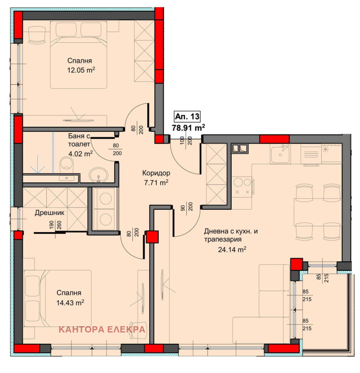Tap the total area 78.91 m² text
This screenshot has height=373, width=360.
tap(188, 127)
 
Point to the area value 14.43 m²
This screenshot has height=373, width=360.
tap(71, 303)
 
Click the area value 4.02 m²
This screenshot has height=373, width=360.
tap(81, 153)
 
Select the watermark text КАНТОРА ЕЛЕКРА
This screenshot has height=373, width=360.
tap(103, 330)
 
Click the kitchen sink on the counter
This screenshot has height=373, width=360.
tap(280, 154)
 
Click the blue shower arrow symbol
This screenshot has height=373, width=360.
tap(38, 167)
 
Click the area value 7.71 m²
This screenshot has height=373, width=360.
tap(156, 182)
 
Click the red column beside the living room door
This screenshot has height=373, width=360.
tap(152, 237)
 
